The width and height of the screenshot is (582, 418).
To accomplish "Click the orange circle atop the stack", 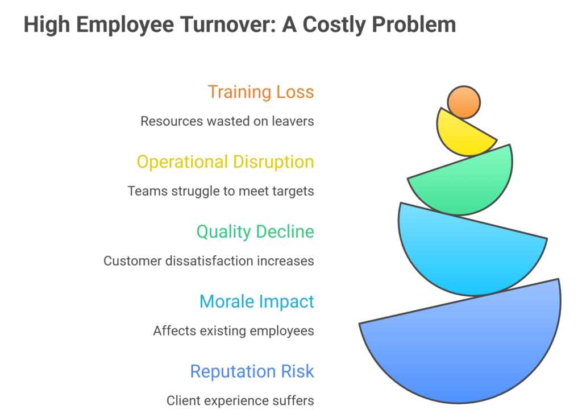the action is (464, 102).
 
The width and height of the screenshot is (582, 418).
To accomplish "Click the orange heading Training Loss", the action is (260, 92).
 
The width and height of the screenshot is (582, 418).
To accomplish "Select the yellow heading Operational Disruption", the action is (225, 162).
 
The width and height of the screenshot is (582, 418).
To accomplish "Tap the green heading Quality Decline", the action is (255, 232).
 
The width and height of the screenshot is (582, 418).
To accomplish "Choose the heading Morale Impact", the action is (256, 301).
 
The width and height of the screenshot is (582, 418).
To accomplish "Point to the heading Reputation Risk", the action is (252, 371).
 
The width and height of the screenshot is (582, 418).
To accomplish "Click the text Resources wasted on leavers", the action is (227, 121).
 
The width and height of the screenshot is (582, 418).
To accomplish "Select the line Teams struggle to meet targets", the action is (221, 191).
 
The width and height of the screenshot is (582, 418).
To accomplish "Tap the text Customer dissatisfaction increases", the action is (209, 261).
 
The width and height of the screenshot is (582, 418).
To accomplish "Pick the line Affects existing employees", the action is (234, 330).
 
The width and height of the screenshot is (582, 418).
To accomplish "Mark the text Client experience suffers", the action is (240, 400).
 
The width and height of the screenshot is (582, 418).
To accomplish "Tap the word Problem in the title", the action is (414, 24).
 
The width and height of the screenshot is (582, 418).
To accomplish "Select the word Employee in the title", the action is (125, 25).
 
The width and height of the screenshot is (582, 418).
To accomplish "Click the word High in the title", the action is (47, 25).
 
